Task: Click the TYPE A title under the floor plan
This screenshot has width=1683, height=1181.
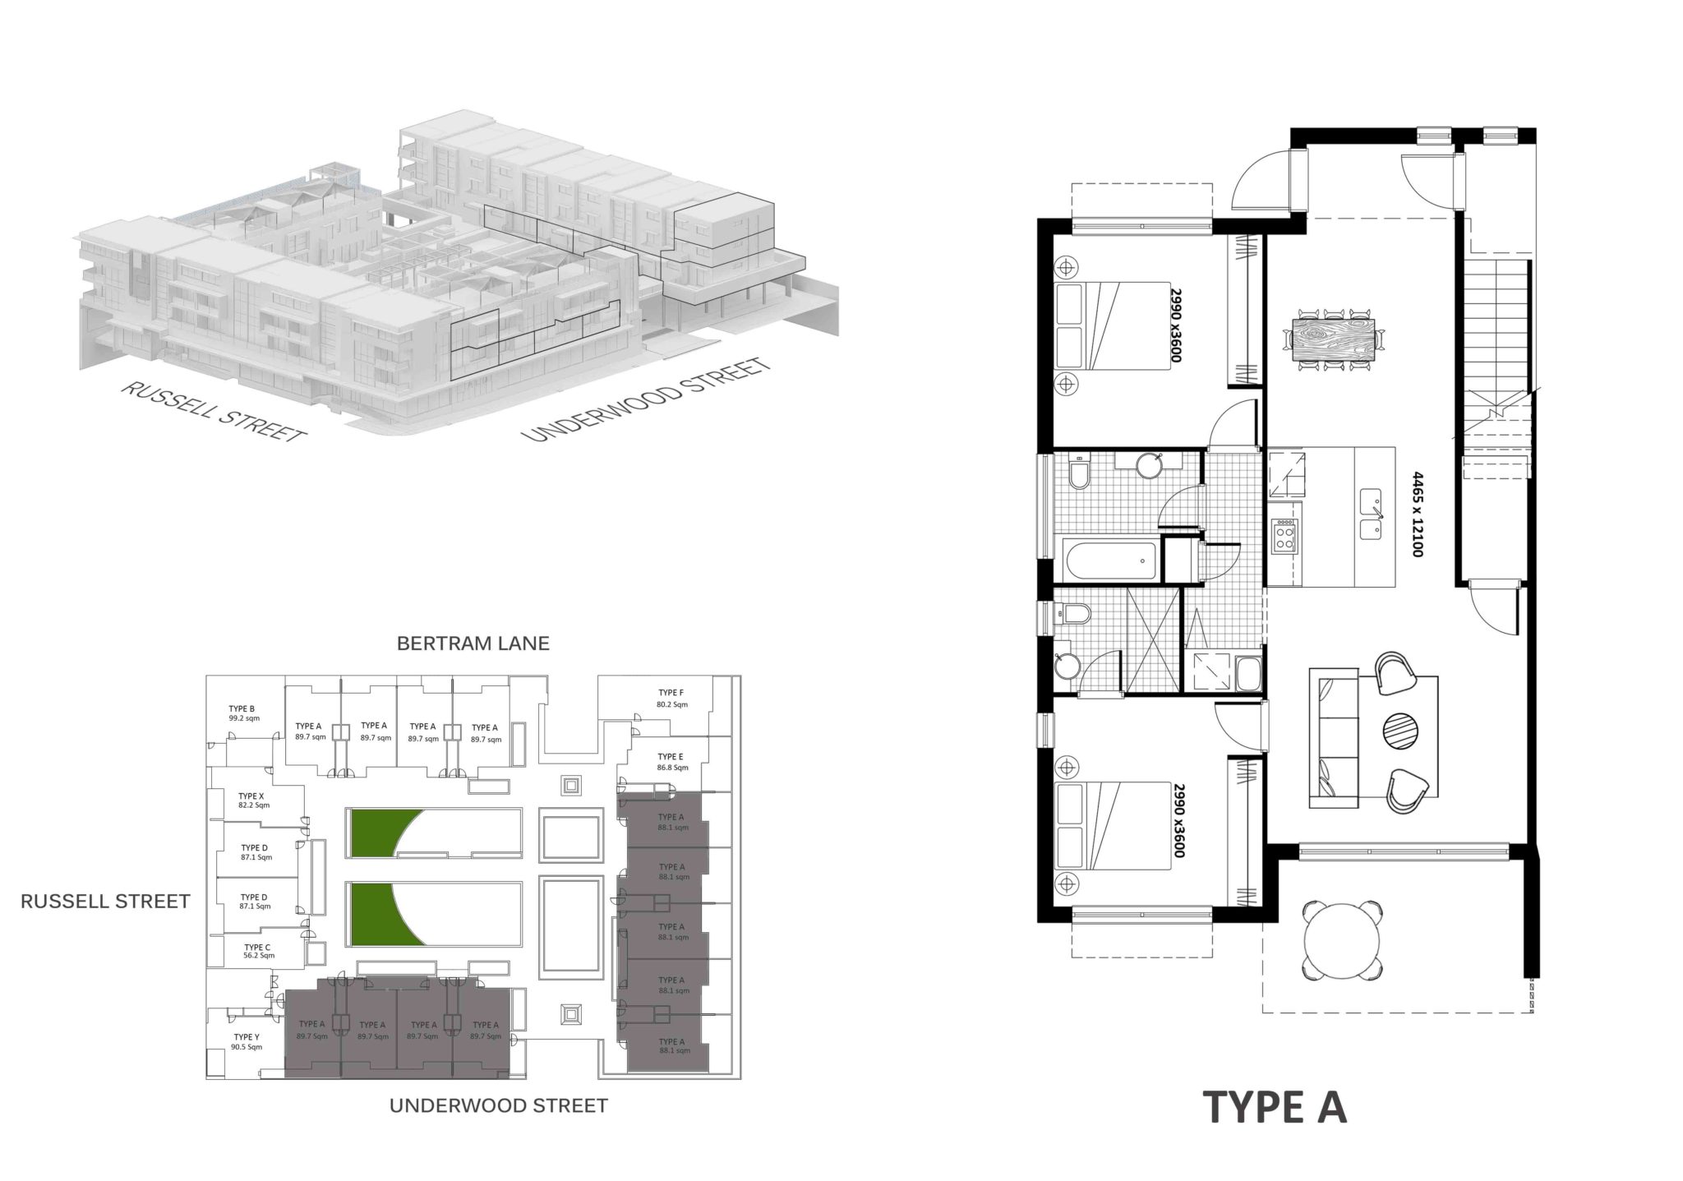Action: tap(1275, 1107)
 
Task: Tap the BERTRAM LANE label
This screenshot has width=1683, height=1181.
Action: tap(473, 643)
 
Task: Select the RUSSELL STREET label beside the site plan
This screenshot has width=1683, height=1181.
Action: tap(105, 902)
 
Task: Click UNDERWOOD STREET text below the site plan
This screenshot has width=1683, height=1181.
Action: tap(498, 1105)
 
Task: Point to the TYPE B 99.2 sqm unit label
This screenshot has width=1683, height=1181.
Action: tap(243, 713)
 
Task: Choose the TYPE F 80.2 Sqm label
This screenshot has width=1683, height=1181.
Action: tap(671, 699)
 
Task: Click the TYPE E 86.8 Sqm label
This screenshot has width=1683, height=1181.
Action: tap(671, 762)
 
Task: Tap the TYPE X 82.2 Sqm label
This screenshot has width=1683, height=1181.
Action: tap(253, 800)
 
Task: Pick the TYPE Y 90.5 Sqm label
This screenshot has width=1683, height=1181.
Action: tap(246, 1041)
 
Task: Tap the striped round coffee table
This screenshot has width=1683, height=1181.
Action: tap(1402, 729)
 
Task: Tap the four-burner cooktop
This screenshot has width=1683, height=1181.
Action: tap(1283, 537)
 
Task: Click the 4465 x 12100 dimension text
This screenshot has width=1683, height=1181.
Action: tap(1415, 514)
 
